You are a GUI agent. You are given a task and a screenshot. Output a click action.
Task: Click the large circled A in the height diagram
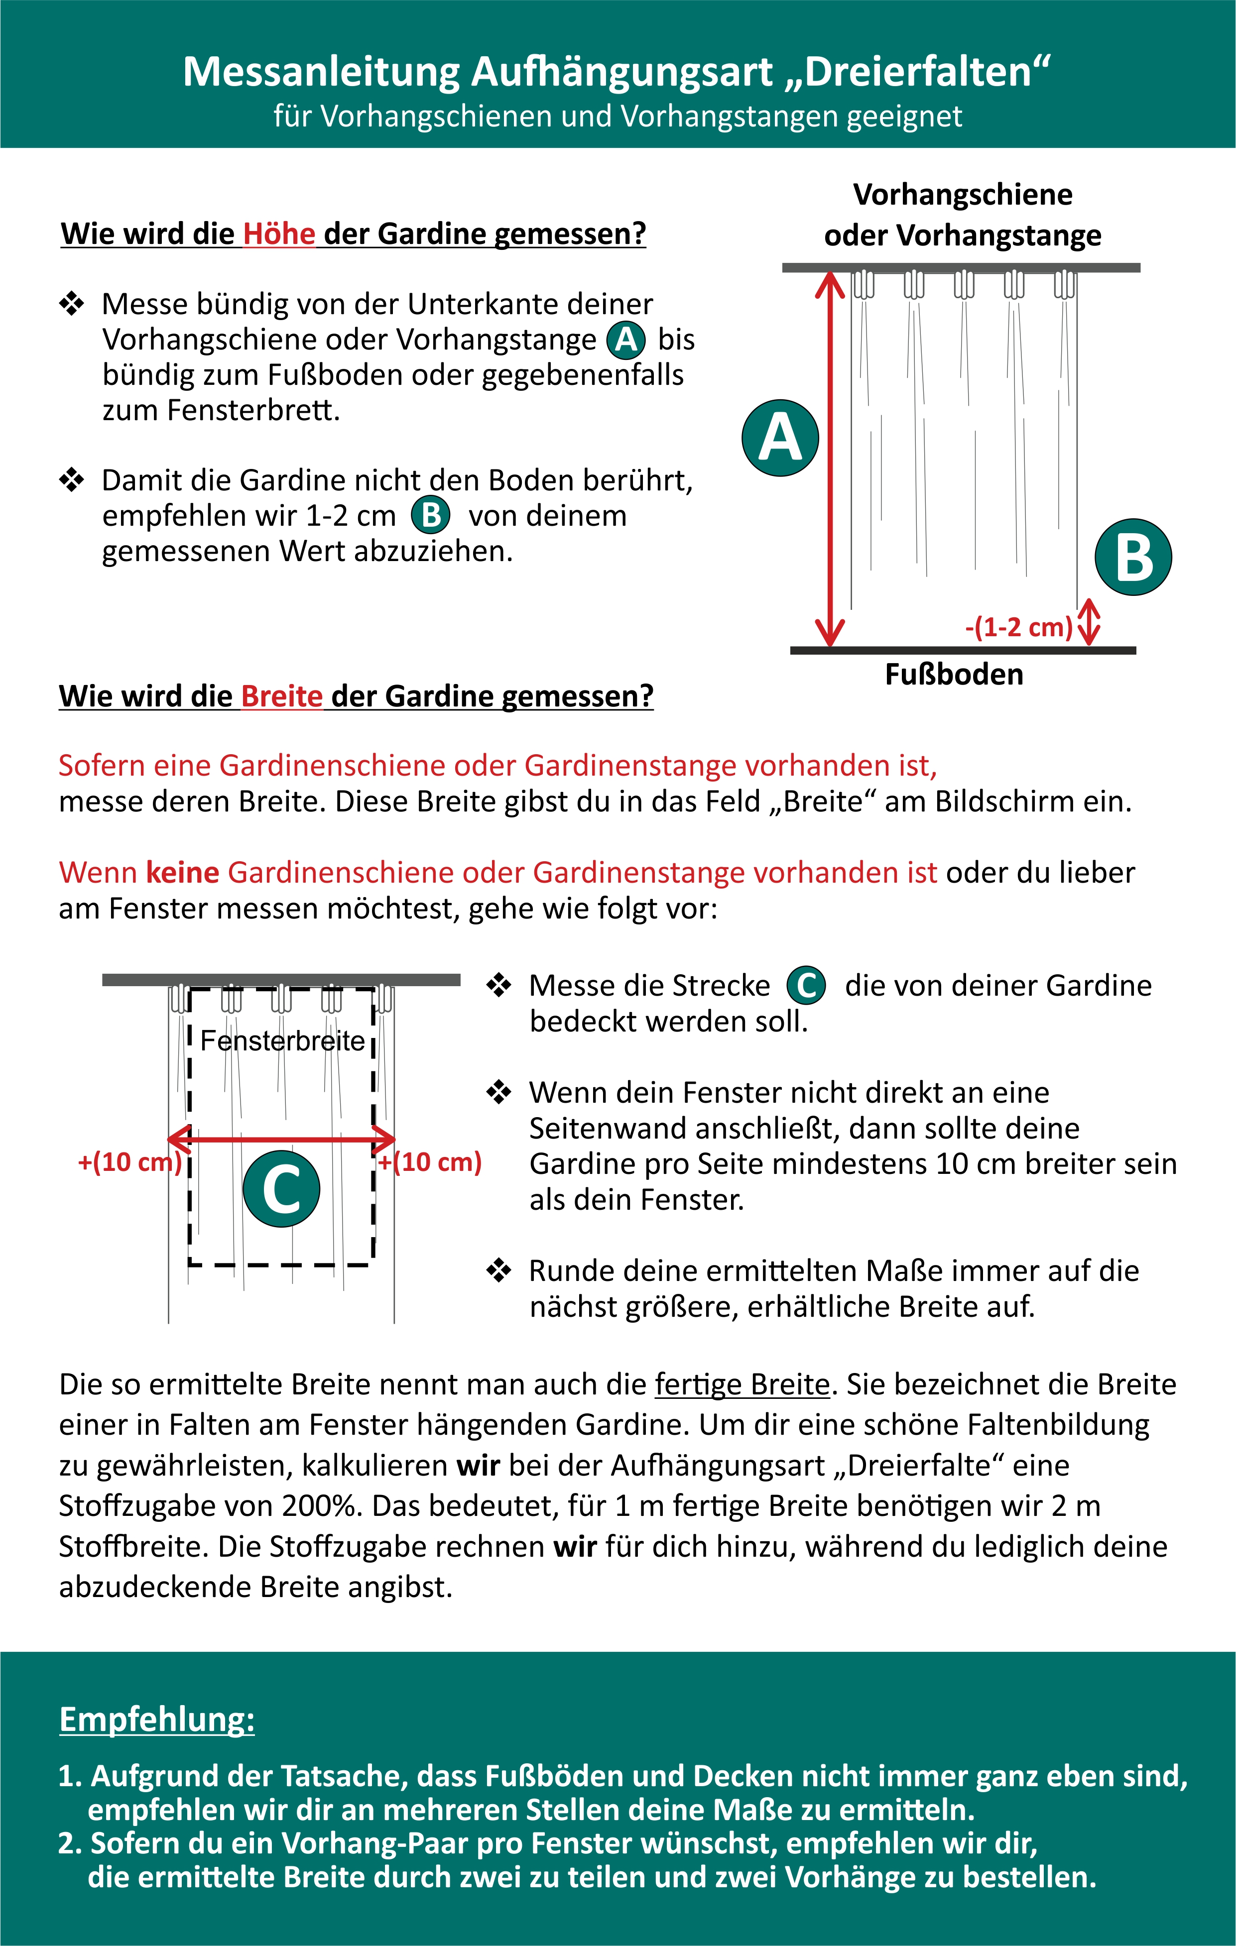pos(780,438)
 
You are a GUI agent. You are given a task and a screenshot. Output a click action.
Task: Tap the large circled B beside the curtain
pos(1133,558)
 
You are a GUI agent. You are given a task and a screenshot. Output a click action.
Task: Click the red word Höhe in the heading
pos(279,233)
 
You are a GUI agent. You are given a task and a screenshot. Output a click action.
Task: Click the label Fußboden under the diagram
pos(954,674)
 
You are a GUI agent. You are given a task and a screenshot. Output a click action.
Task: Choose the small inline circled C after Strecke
pos(806,986)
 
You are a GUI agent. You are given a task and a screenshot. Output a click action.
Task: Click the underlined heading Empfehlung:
pos(157,1719)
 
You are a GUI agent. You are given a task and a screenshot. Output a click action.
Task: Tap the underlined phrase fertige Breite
pos(742,1384)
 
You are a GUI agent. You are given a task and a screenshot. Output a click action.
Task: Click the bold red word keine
pos(183,873)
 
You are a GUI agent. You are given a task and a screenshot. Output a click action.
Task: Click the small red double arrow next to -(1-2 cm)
pos(1089,621)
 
